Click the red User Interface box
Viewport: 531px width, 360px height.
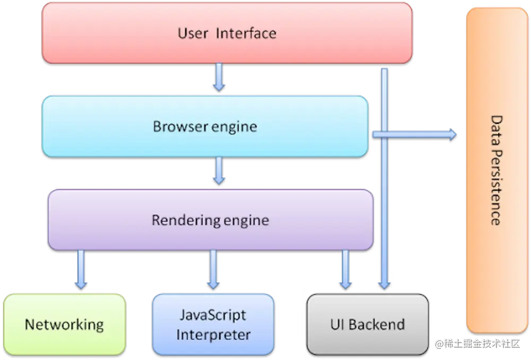click(x=227, y=33)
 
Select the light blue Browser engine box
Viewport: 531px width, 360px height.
click(x=205, y=127)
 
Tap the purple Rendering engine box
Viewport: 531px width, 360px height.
click(x=210, y=220)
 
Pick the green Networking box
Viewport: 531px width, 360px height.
click(x=64, y=324)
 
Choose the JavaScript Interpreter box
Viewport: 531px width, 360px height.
click(x=213, y=324)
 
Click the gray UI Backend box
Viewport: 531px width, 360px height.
click(x=367, y=324)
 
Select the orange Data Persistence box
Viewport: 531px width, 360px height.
click(x=496, y=170)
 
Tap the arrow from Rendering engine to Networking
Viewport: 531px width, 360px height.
click(x=81, y=270)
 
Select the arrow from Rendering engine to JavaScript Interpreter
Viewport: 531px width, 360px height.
click(x=213, y=270)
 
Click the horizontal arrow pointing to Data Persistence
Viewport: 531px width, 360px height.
click(x=414, y=135)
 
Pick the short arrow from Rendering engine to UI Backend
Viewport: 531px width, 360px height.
click(x=346, y=270)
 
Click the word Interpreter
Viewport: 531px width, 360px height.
click(x=213, y=335)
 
